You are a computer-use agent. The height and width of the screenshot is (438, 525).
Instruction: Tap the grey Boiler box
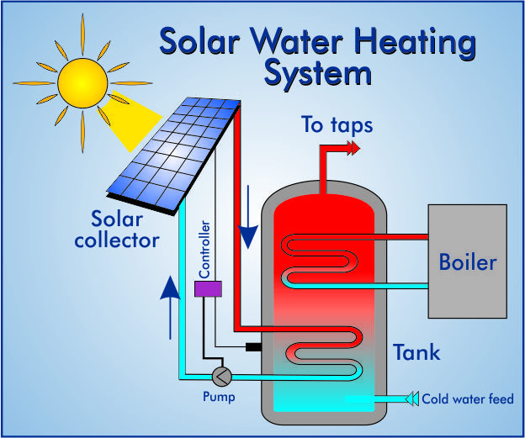(467, 261)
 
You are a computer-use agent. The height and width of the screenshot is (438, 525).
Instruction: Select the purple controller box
(208, 288)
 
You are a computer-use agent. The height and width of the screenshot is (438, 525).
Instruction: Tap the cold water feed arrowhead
(412, 398)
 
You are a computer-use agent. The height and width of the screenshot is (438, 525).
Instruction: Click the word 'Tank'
(416, 351)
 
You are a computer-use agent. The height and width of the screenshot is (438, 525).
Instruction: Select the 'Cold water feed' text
(467, 398)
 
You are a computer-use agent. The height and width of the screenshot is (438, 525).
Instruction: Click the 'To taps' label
(337, 126)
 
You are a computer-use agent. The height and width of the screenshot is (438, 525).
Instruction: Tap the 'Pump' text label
(219, 396)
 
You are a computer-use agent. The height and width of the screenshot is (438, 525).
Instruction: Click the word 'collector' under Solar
(117, 240)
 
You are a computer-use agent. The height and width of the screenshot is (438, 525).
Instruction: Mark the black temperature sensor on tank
(252, 346)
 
